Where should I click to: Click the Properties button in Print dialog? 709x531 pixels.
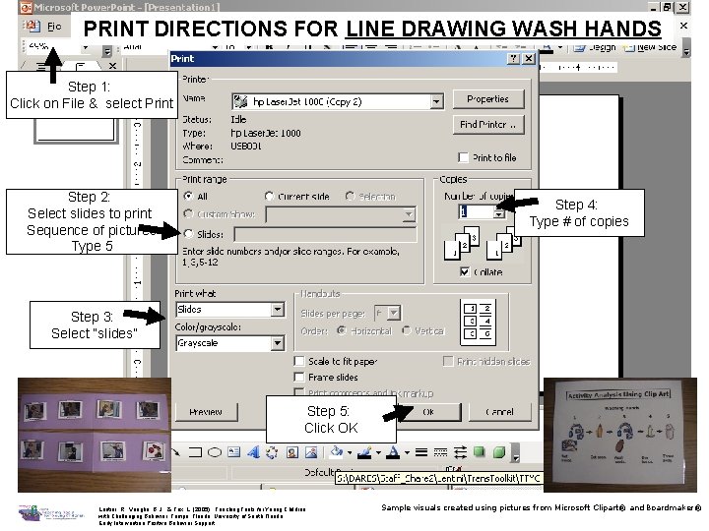click(487, 99)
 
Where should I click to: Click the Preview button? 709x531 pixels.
click(206, 412)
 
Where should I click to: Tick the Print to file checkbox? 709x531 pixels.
click(465, 157)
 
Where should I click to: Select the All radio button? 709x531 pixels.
click(188, 197)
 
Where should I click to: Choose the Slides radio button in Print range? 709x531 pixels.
click(188, 234)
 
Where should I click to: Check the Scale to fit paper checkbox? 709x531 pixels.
click(299, 362)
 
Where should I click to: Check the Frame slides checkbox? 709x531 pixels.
click(299, 378)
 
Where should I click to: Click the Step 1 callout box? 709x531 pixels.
click(91, 95)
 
